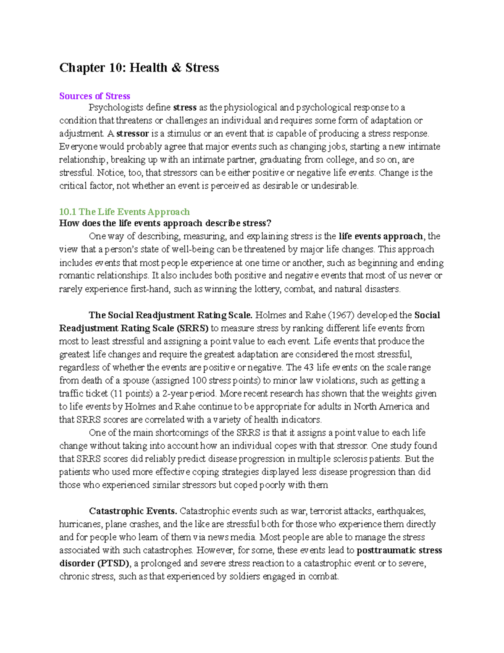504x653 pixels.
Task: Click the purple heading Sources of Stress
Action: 94,96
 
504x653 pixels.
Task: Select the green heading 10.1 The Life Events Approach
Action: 124,211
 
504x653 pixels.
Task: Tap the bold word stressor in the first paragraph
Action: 132,134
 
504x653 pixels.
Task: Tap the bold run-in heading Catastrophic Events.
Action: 133,511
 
